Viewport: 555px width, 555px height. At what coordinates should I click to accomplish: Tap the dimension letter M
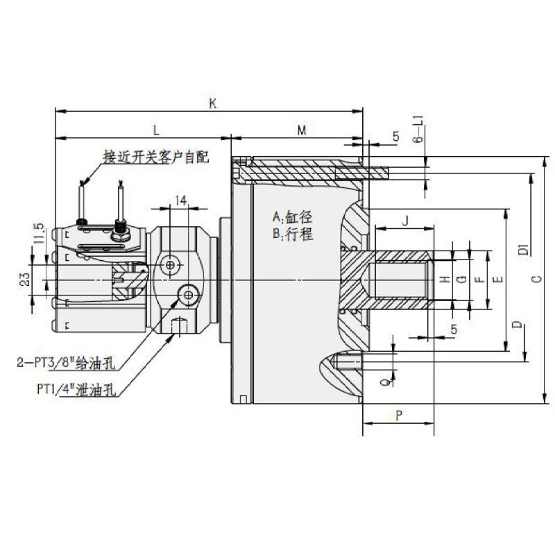click(x=301, y=130)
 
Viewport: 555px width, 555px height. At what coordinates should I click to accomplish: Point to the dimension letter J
click(x=405, y=221)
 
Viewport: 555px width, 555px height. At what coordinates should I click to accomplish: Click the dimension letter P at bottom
click(x=398, y=416)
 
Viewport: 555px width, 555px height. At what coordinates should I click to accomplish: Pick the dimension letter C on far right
click(x=535, y=279)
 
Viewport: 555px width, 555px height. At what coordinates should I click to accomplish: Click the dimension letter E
click(x=497, y=279)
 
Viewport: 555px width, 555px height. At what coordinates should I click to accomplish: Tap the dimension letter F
click(x=478, y=279)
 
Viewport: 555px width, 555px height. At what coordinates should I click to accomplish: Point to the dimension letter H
click(x=445, y=279)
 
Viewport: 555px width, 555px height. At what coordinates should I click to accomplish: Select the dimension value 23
click(x=25, y=280)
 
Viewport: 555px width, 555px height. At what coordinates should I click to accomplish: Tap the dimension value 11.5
click(x=39, y=232)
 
